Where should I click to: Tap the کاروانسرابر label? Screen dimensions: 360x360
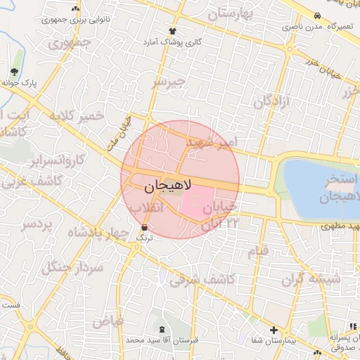click(x=57, y=160)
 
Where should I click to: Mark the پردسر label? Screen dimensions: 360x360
click(x=37, y=225)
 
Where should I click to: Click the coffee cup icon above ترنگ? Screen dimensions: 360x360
click(x=144, y=228)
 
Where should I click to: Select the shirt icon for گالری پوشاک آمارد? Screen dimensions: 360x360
click(x=172, y=31)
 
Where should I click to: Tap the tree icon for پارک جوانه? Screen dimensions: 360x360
click(x=15, y=72)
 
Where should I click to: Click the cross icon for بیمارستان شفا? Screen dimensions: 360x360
click(x=274, y=329)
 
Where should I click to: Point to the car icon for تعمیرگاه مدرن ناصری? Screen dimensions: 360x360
click(x=317, y=15)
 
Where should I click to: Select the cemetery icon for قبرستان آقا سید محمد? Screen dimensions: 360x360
click(x=163, y=329)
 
